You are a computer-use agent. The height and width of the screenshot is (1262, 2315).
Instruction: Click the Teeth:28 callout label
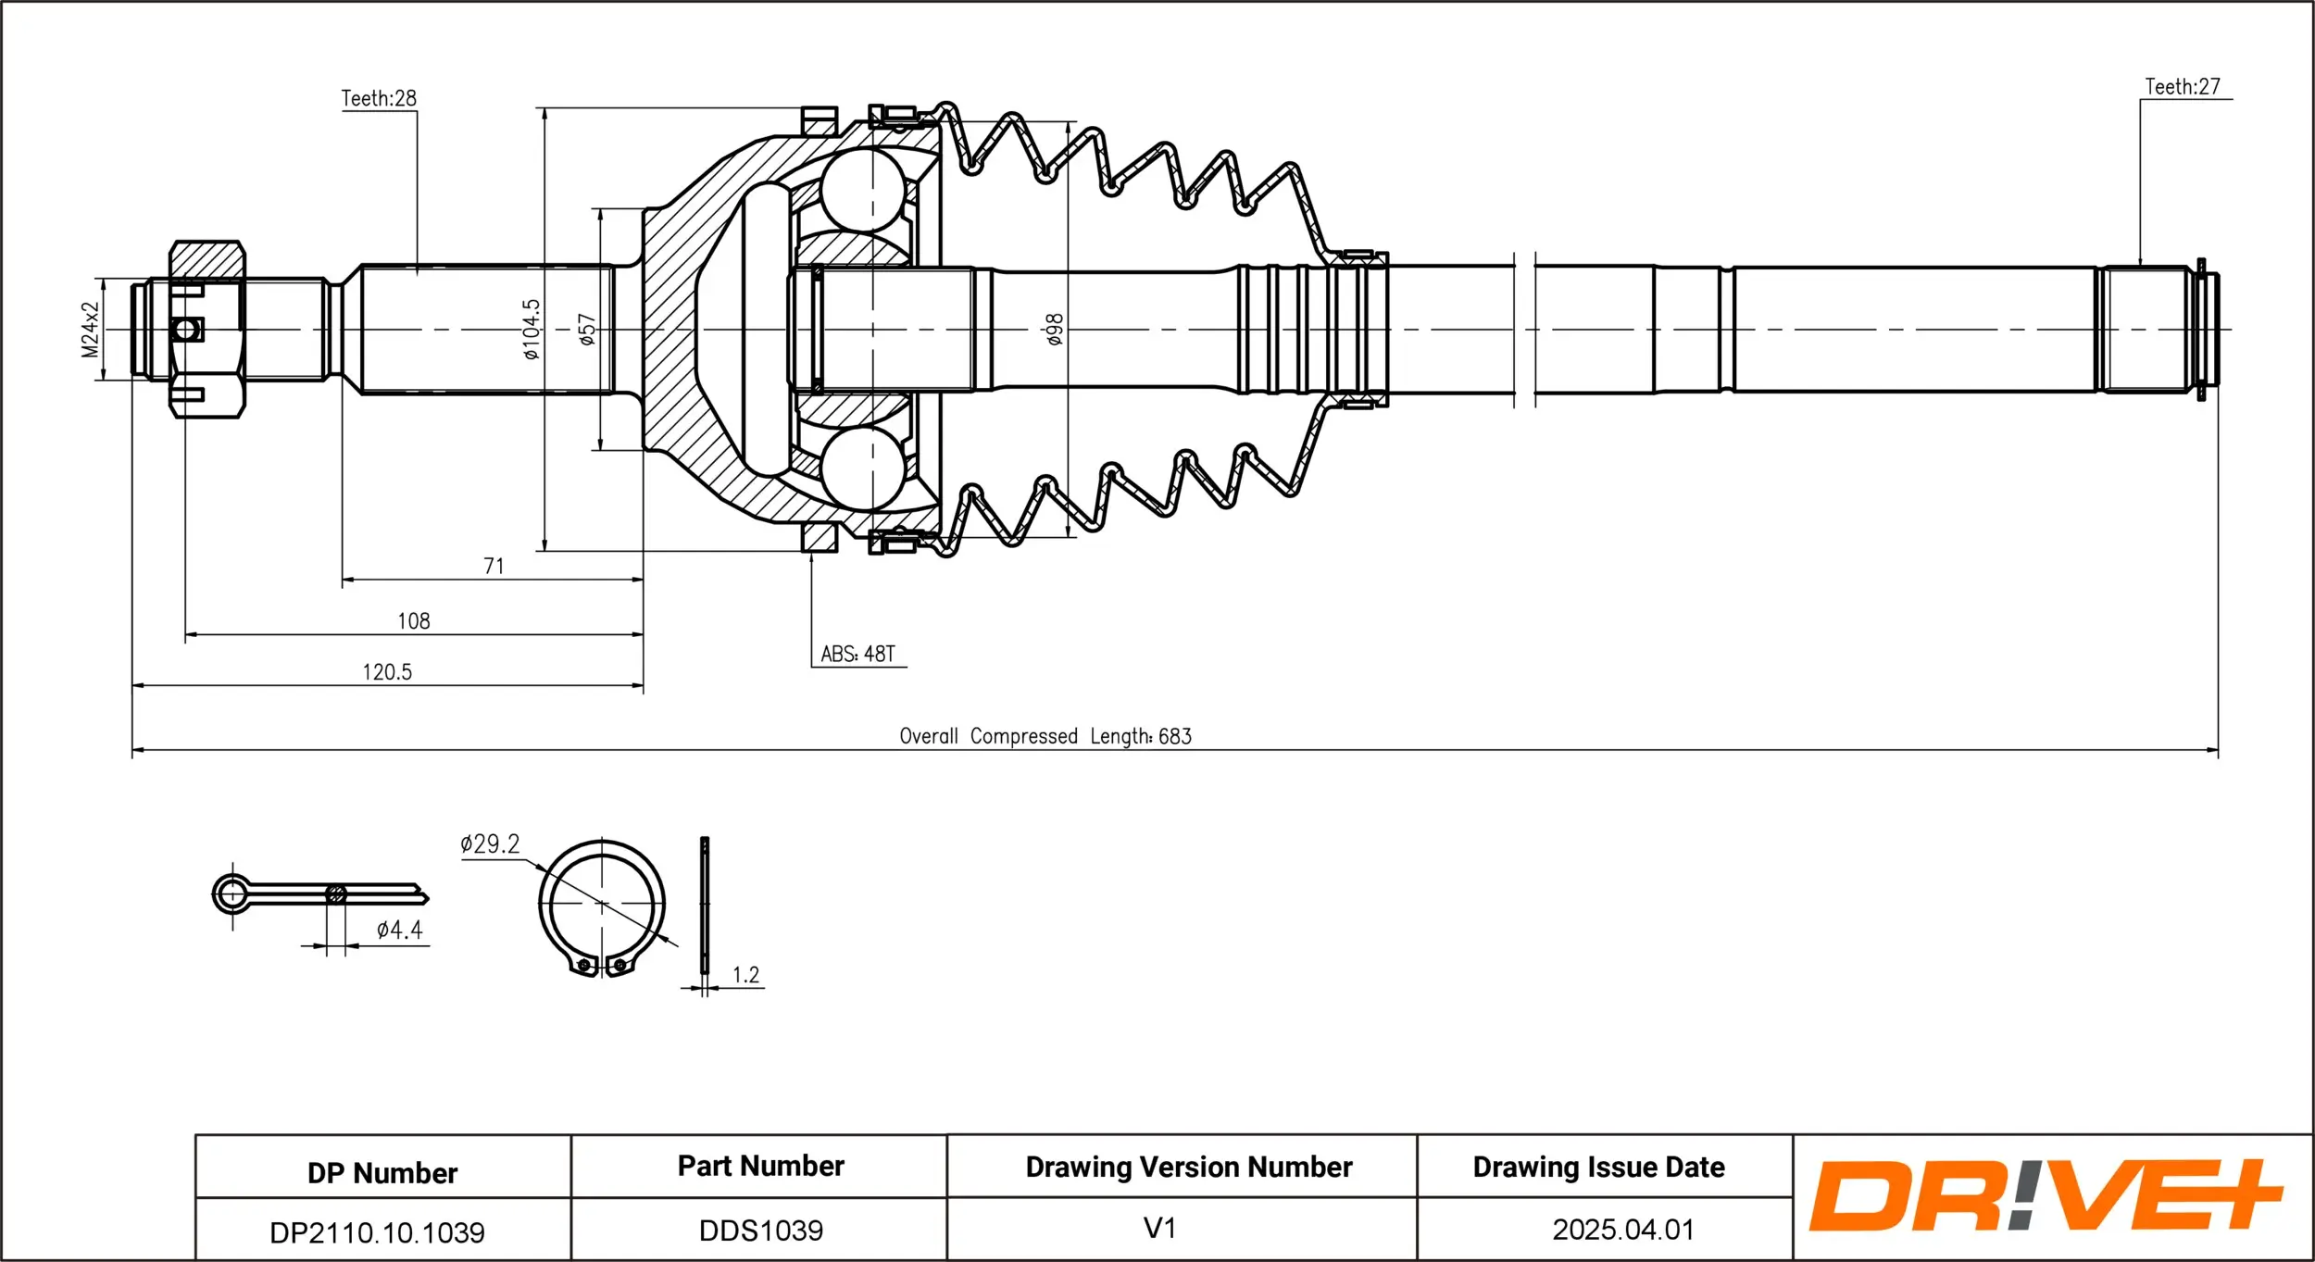(x=379, y=98)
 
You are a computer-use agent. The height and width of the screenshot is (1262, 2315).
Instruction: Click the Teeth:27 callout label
(x=2183, y=86)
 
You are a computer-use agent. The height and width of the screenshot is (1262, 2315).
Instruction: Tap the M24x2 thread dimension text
(x=90, y=329)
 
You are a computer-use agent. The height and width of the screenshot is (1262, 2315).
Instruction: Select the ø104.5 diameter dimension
(x=531, y=329)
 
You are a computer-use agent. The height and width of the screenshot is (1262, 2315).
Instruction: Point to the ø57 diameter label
(x=586, y=330)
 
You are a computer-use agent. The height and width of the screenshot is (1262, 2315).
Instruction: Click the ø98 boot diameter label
(x=1054, y=330)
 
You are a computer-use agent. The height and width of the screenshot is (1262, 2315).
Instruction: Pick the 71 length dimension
(x=494, y=566)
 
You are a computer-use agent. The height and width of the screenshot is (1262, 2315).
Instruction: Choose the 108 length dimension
(x=413, y=620)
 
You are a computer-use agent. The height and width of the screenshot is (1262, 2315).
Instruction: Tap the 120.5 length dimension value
(x=387, y=671)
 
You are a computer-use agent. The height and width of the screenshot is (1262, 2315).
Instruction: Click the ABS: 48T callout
(x=857, y=654)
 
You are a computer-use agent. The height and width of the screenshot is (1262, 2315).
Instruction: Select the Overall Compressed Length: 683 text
(x=1045, y=736)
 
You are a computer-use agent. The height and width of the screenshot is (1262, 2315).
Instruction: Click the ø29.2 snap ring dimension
(x=490, y=843)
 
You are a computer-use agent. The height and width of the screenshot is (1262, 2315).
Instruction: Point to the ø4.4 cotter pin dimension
(x=399, y=930)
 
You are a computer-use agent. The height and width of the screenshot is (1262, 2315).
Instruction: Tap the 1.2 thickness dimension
(x=745, y=975)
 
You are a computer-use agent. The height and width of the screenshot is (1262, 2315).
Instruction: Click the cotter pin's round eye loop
(x=231, y=894)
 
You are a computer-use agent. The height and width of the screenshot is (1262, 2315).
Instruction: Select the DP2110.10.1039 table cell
(x=377, y=1231)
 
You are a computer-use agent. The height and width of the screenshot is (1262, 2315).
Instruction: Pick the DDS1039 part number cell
(x=760, y=1230)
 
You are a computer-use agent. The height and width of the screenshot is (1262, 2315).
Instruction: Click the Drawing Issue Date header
(x=1598, y=1167)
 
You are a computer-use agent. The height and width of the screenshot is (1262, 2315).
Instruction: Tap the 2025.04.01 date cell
(x=1622, y=1230)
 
